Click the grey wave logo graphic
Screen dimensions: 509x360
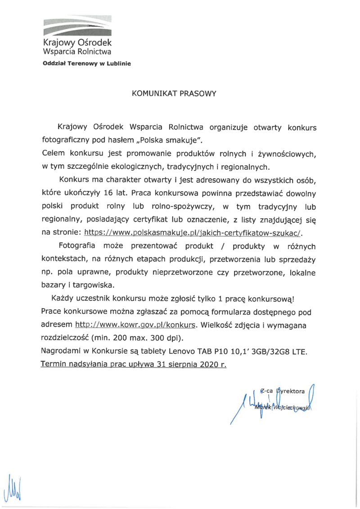click(x=77, y=26)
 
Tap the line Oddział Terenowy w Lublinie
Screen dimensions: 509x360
click(x=86, y=63)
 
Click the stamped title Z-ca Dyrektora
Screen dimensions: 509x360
click(x=283, y=390)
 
